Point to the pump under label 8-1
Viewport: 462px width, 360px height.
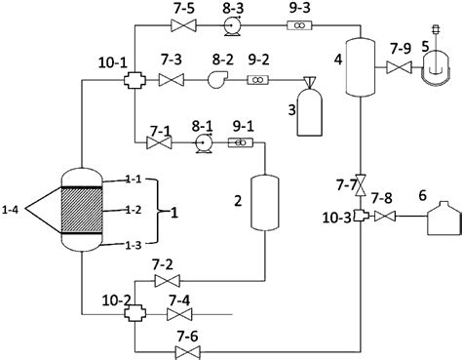(x=203, y=143)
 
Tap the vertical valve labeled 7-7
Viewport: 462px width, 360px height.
(x=360, y=183)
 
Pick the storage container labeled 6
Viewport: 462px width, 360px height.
(x=434, y=223)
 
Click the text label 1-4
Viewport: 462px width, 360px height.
(x=13, y=208)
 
